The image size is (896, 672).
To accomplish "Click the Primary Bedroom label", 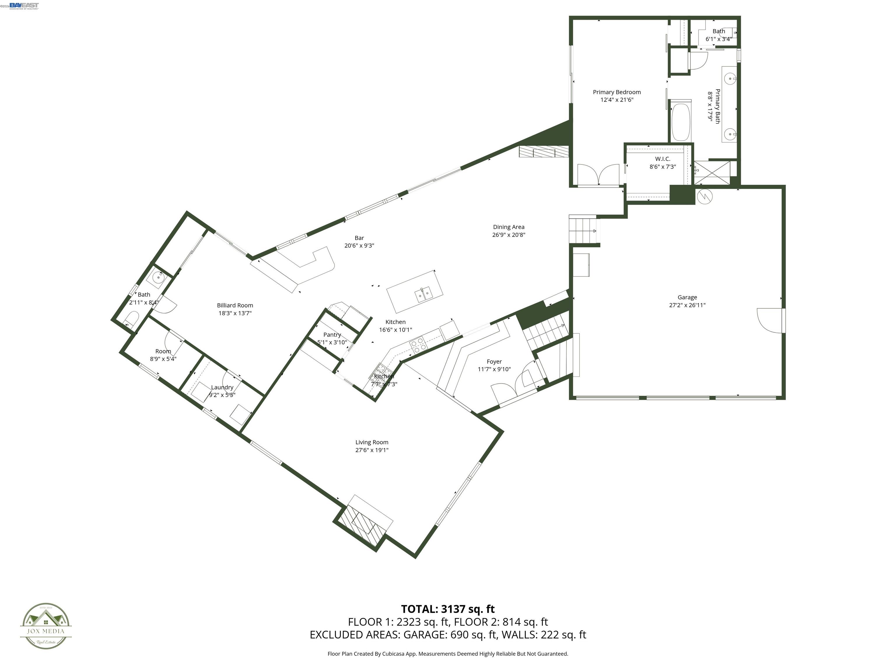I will [x=617, y=92].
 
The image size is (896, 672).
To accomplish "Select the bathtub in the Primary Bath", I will [x=680, y=122].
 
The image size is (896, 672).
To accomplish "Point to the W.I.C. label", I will [x=663, y=159].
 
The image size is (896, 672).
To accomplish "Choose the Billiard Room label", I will [x=235, y=305].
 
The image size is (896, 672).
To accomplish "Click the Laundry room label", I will [x=222, y=387].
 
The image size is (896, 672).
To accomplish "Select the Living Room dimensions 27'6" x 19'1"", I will [x=372, y=450].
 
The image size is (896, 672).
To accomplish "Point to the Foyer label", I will [x=494, y=361].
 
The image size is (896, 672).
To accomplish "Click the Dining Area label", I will [x=508, y=227].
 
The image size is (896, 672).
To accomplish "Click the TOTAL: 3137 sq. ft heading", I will [x=448, y=609].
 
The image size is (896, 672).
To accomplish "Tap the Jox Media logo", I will [x=46, y=626].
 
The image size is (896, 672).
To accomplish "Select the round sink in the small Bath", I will [x=158, y=277].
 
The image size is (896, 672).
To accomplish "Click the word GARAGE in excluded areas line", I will [x=425, y=635].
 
